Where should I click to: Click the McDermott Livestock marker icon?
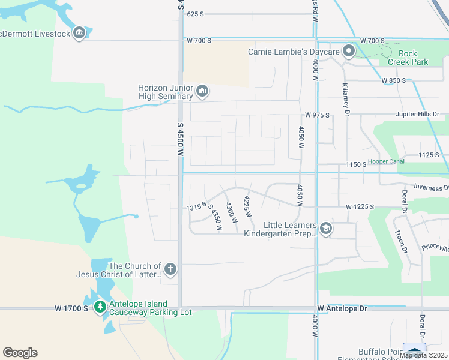pyautogui.click(x=79, y=33)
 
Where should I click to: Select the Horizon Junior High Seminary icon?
pyautogui.click(x=202, y=91)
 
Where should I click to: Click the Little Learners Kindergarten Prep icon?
pyautogui.click(x=325, y=229)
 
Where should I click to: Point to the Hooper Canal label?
pyautogui.click(x=385, y=161)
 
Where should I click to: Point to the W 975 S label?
pyautogui.click(x=317, y=115)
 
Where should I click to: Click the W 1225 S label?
pyautogui.click(x=360, y=207)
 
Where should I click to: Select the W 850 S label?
pyautogui.click(x=393, y=80)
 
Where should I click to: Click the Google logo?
pyautogui.click(x=20, y=353)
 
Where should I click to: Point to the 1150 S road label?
pyautogui.click(x=356, y=164)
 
